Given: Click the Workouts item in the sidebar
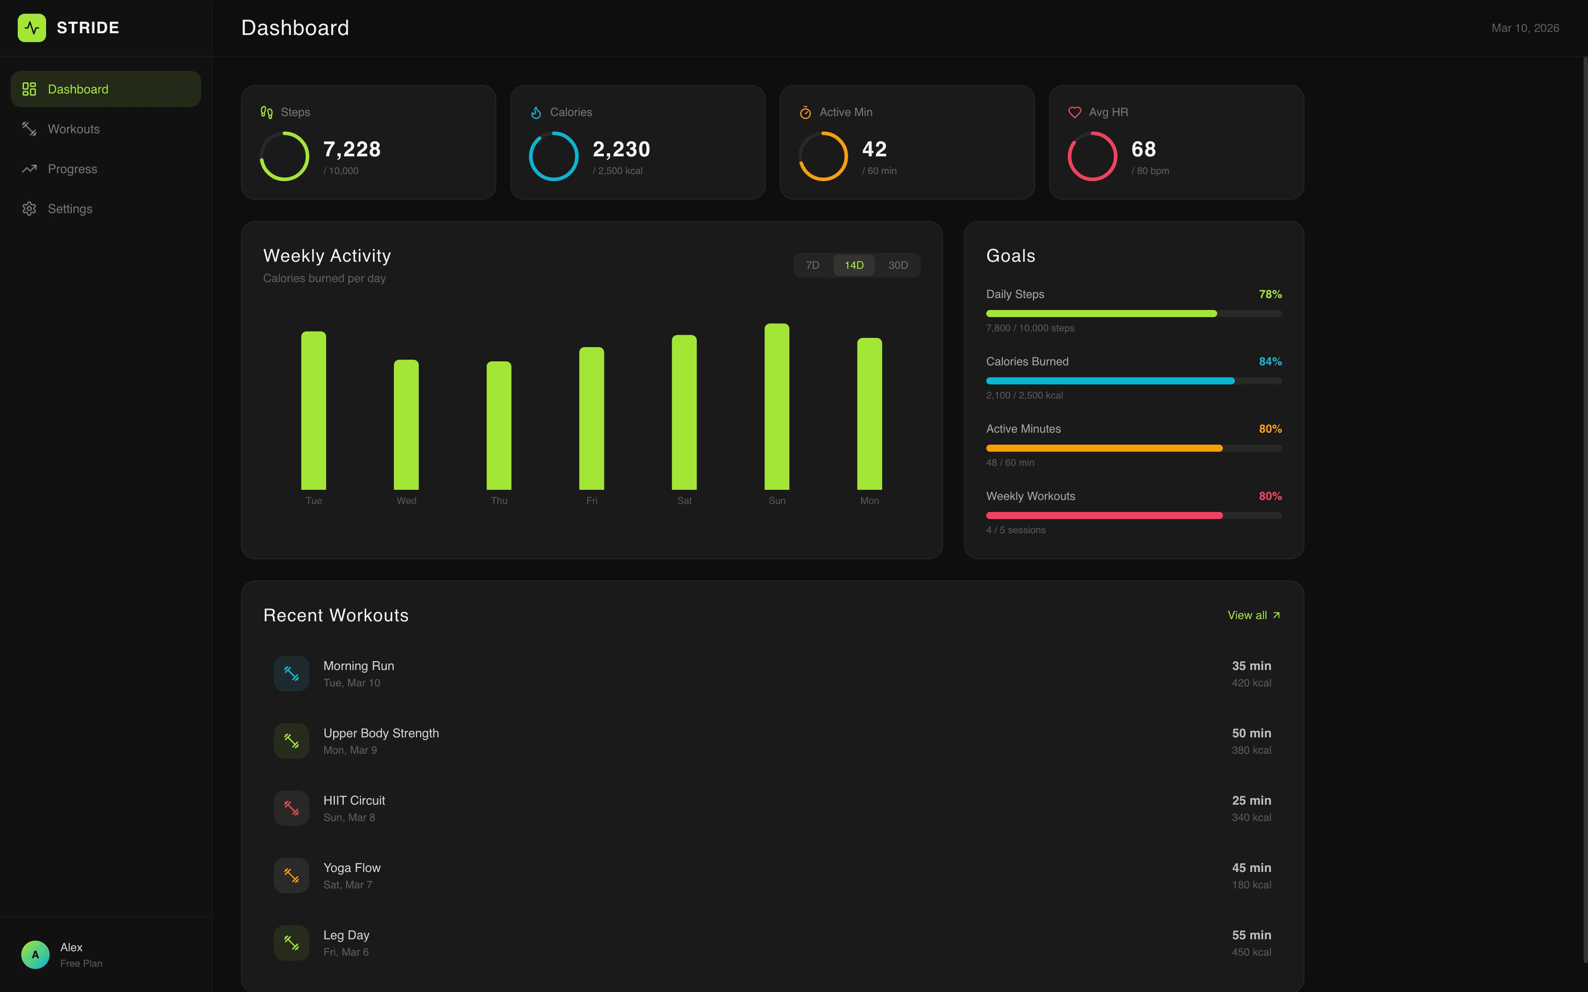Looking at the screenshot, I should click(x=74, y=129).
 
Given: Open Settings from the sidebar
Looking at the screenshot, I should click(x=70, y=209).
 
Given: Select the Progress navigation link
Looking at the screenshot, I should click(x=72, y=169).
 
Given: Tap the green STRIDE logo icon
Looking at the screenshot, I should click(x=31, y=27).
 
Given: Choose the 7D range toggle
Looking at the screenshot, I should click(x=812, y=265).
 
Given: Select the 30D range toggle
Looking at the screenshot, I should click(x=898, y=265).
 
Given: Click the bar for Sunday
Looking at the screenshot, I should click(x=776, y=407).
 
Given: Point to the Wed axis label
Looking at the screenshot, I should click(x=406, y=500).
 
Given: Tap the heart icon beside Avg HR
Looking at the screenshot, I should click(x=1074, y=112).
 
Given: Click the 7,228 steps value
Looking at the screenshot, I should click(x=352, y=150).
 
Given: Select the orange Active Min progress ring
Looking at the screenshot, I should click(x=823, y=156).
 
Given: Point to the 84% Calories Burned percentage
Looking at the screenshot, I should click(x=1270, y=361).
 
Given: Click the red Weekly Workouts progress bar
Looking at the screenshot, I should click(x=1105, y=515).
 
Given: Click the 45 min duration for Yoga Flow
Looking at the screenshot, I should click(x=1251, y=868).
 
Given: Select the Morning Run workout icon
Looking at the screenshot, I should click(x=292, y=673).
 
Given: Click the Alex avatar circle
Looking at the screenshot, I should click(x=35, y=955).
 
